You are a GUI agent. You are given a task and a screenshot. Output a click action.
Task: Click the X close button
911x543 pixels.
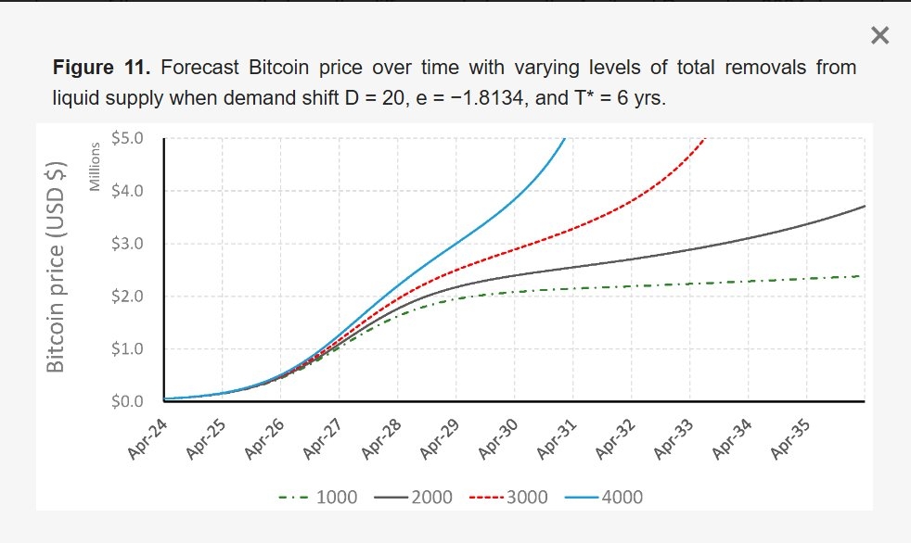879,36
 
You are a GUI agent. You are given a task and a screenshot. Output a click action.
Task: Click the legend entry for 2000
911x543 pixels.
415,498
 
